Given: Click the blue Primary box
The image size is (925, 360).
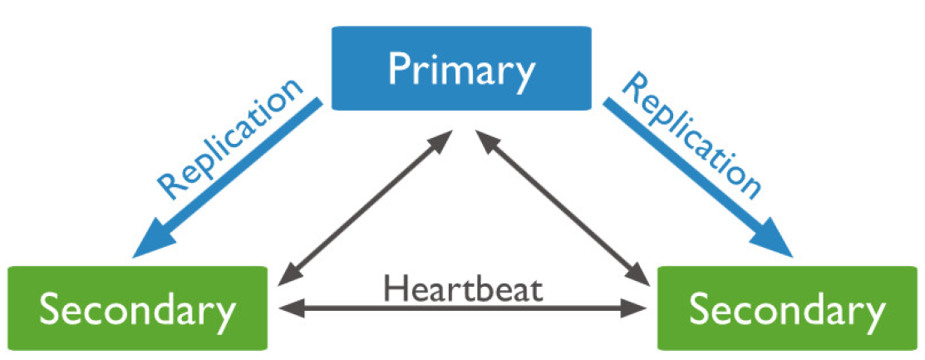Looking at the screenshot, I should [461, 68].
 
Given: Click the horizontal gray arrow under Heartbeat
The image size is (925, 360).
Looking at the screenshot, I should [463, 309].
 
